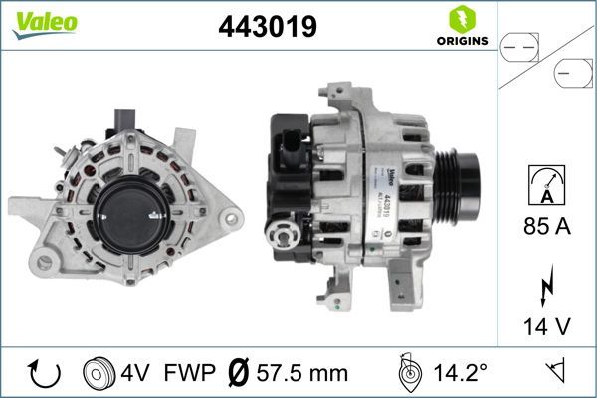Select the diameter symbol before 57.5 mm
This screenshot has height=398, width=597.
[x=240, y=373]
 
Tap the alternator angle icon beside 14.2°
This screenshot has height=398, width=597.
[x=409, y=372]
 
